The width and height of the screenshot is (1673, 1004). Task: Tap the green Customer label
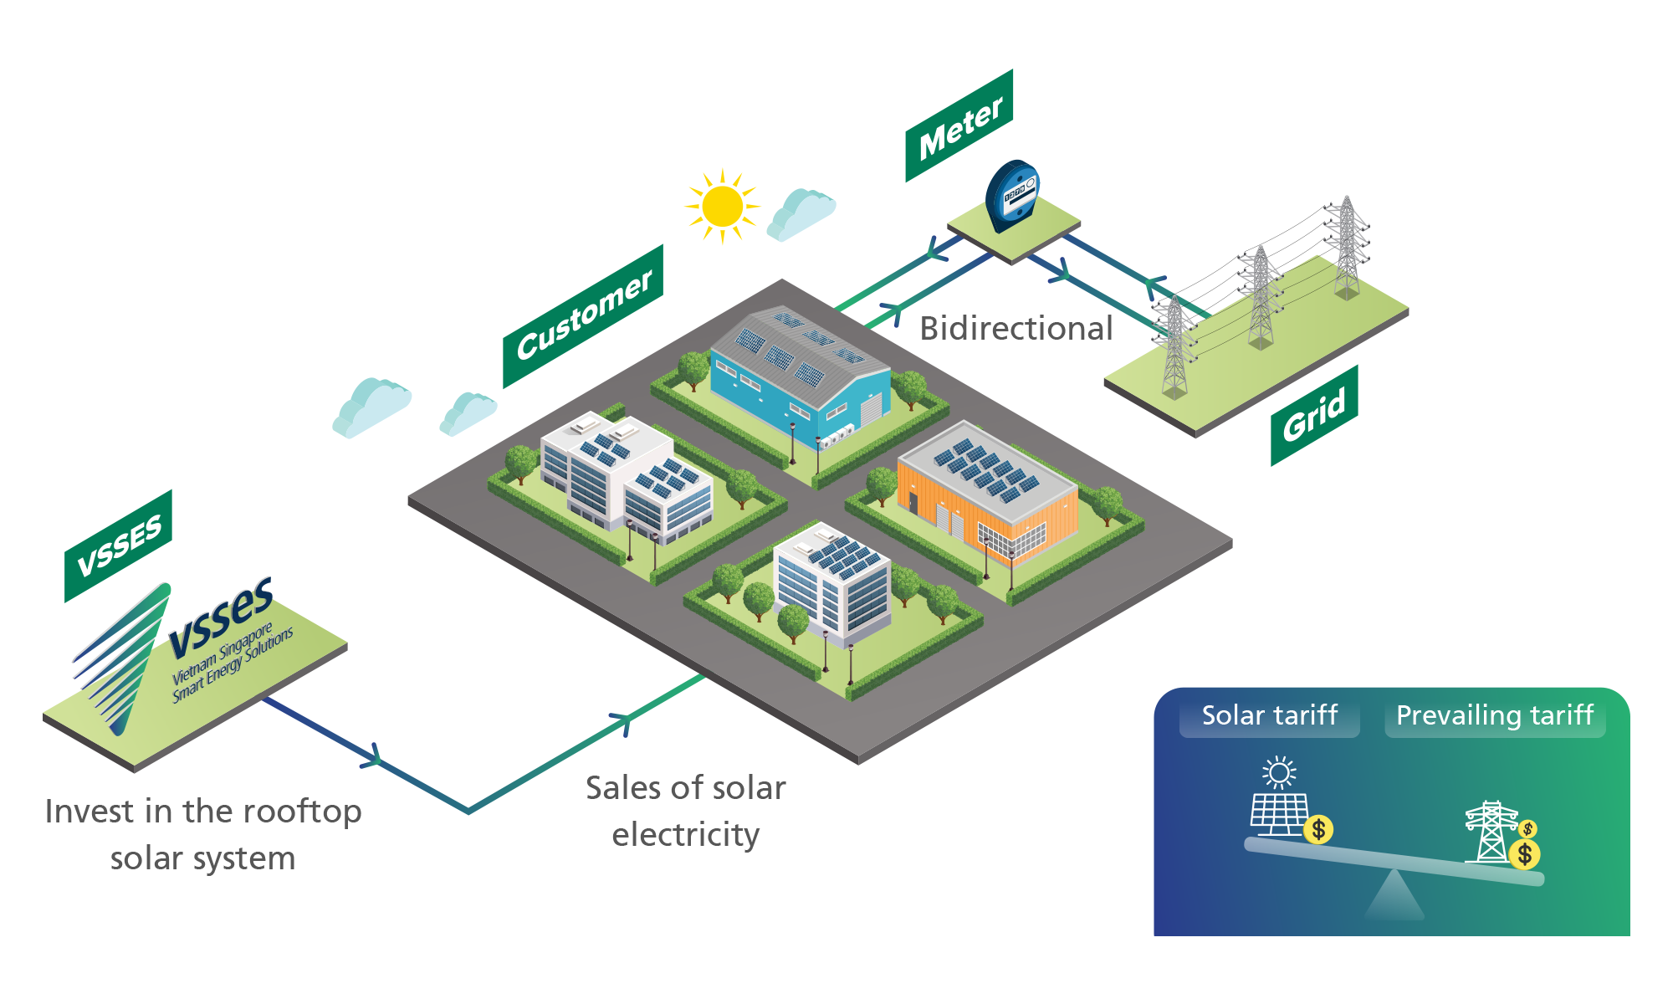pyautogui.click(x=583, y=315)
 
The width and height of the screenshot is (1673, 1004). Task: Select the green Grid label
pyautogui.click(x=1314, y=415)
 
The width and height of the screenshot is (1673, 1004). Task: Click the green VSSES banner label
pyautogui.click(x=119, y=546)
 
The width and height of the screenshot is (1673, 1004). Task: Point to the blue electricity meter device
pyautogui.click(x=1013, y=196)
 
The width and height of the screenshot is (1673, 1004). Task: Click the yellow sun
pyautogui.click(x=723, y=207)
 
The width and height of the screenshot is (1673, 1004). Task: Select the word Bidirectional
pyautogui.click(x=1016, y=329)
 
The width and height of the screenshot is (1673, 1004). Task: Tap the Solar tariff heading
pyautogui.click(x=1269, y=716)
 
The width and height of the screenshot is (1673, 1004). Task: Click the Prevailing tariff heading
pyautogui.click(x=1494, y=716)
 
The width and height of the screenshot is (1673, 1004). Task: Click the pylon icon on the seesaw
pyautogui.click(x=1491, y=832)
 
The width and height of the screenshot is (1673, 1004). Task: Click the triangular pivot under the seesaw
pyautogui.click(x=1394, y=897)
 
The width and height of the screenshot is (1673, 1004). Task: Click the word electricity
pyautogui.click(x=685, y=835)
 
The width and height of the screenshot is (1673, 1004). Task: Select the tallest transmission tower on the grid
pyautogui.click(x=1346, y=247)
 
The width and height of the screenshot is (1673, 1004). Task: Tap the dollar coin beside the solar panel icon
pyautogui.click(x=1318, y=829)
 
